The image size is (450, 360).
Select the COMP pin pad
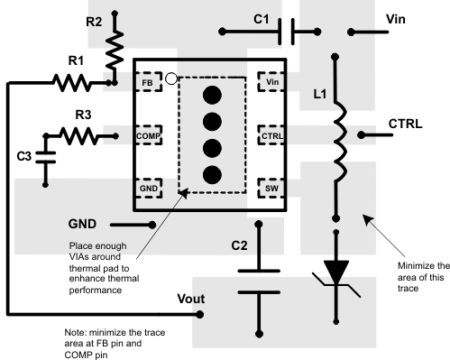(x=148, y=135)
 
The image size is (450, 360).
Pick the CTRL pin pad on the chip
(x=271, y=135)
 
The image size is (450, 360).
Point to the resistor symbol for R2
(x=115, y=53)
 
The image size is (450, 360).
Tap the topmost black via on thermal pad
(x=213, y=95)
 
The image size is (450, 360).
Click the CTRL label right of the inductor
(x=406, y=122)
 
